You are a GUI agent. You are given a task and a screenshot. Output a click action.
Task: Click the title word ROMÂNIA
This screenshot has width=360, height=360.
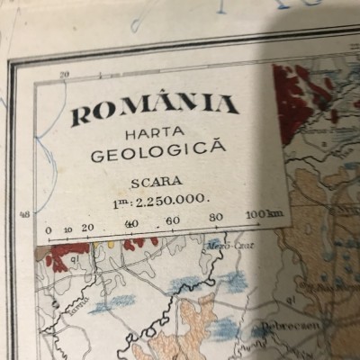pos(155,110)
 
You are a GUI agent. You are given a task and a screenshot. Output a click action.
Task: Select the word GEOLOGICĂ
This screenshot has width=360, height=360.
pos(158,151)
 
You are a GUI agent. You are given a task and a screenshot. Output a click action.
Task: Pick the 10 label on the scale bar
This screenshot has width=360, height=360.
pos(68,229)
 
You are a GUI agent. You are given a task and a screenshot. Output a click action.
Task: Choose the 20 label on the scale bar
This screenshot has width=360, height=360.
pos(87,228)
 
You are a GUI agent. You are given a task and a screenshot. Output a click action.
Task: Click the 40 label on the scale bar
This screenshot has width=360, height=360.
pos(130,224)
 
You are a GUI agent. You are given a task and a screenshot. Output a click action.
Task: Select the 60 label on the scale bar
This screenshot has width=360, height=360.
pos(173,220)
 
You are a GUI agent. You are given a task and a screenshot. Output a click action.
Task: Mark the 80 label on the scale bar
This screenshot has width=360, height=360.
pos(216,218)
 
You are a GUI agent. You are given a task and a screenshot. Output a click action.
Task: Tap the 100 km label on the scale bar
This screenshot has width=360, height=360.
pos(261,214)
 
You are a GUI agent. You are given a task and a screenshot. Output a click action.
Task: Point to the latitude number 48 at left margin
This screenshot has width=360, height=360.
pos(24,215)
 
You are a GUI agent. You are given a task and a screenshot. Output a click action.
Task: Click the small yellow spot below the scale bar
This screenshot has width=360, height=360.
pos(112,243)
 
